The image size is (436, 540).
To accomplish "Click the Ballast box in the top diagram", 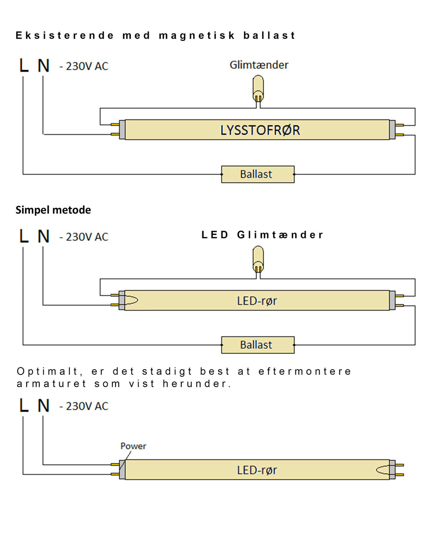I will pyautogui.click(x=258, y=174).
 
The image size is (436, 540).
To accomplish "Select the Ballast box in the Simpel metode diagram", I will pyautogui.click(x=258, y=345).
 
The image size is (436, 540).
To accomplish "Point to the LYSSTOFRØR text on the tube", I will pyautogui.click(x=260, y=130).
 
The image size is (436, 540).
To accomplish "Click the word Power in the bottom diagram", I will pyautogui.click(x=133, y=446).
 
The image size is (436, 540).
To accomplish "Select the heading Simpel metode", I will pyautogui.click(x=53, y=210).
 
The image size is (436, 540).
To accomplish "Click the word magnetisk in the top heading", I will pyautogui.click(x=197, y=35).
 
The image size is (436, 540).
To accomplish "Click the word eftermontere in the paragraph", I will pyautogui.click(x=305, y=371).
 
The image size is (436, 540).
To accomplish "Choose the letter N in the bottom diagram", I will pyautogui.click(x=43, y=405).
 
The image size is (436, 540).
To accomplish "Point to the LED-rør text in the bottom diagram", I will pyautogui.click(x=257, y=470).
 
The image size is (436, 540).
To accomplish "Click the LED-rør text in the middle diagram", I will pyautogui.click(x=257, y=301).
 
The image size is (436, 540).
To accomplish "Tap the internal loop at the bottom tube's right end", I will pyautogui.click(x=383, y=470).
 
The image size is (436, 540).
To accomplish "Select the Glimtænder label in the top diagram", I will pyautogui.click(x=259, y=65).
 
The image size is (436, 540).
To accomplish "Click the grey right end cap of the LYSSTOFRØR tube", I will pyautogui.click(x=392, y=130).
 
